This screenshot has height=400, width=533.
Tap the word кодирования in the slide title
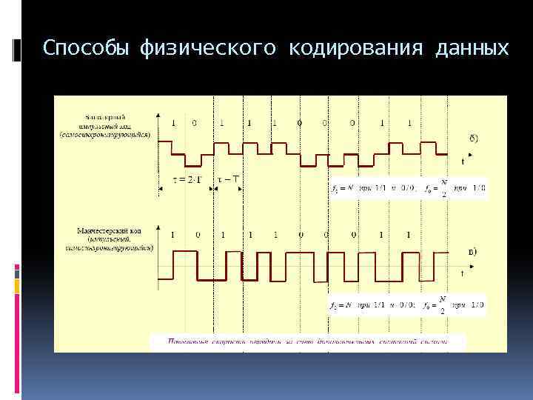350,49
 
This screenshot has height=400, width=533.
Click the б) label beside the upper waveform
473,138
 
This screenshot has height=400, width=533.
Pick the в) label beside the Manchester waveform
473,252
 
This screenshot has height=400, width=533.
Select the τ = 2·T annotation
184,178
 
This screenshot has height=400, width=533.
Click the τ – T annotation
229,178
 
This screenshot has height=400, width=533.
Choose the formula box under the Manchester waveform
408,304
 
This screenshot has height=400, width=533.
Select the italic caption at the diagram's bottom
307,341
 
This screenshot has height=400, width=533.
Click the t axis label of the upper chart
463,161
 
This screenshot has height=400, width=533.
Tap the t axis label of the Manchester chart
463,273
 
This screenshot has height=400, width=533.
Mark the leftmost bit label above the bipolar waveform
173,123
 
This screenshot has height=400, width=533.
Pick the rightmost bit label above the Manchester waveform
408,234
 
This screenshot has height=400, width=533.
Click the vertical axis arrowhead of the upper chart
159,116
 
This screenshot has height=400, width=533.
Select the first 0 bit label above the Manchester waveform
197,234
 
